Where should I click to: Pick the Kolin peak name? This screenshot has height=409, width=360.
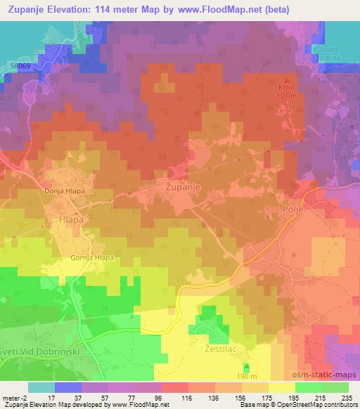coord(285,87)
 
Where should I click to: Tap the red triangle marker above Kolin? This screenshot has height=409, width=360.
coord(285,79)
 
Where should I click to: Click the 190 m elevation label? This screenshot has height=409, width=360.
coord(247,377)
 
